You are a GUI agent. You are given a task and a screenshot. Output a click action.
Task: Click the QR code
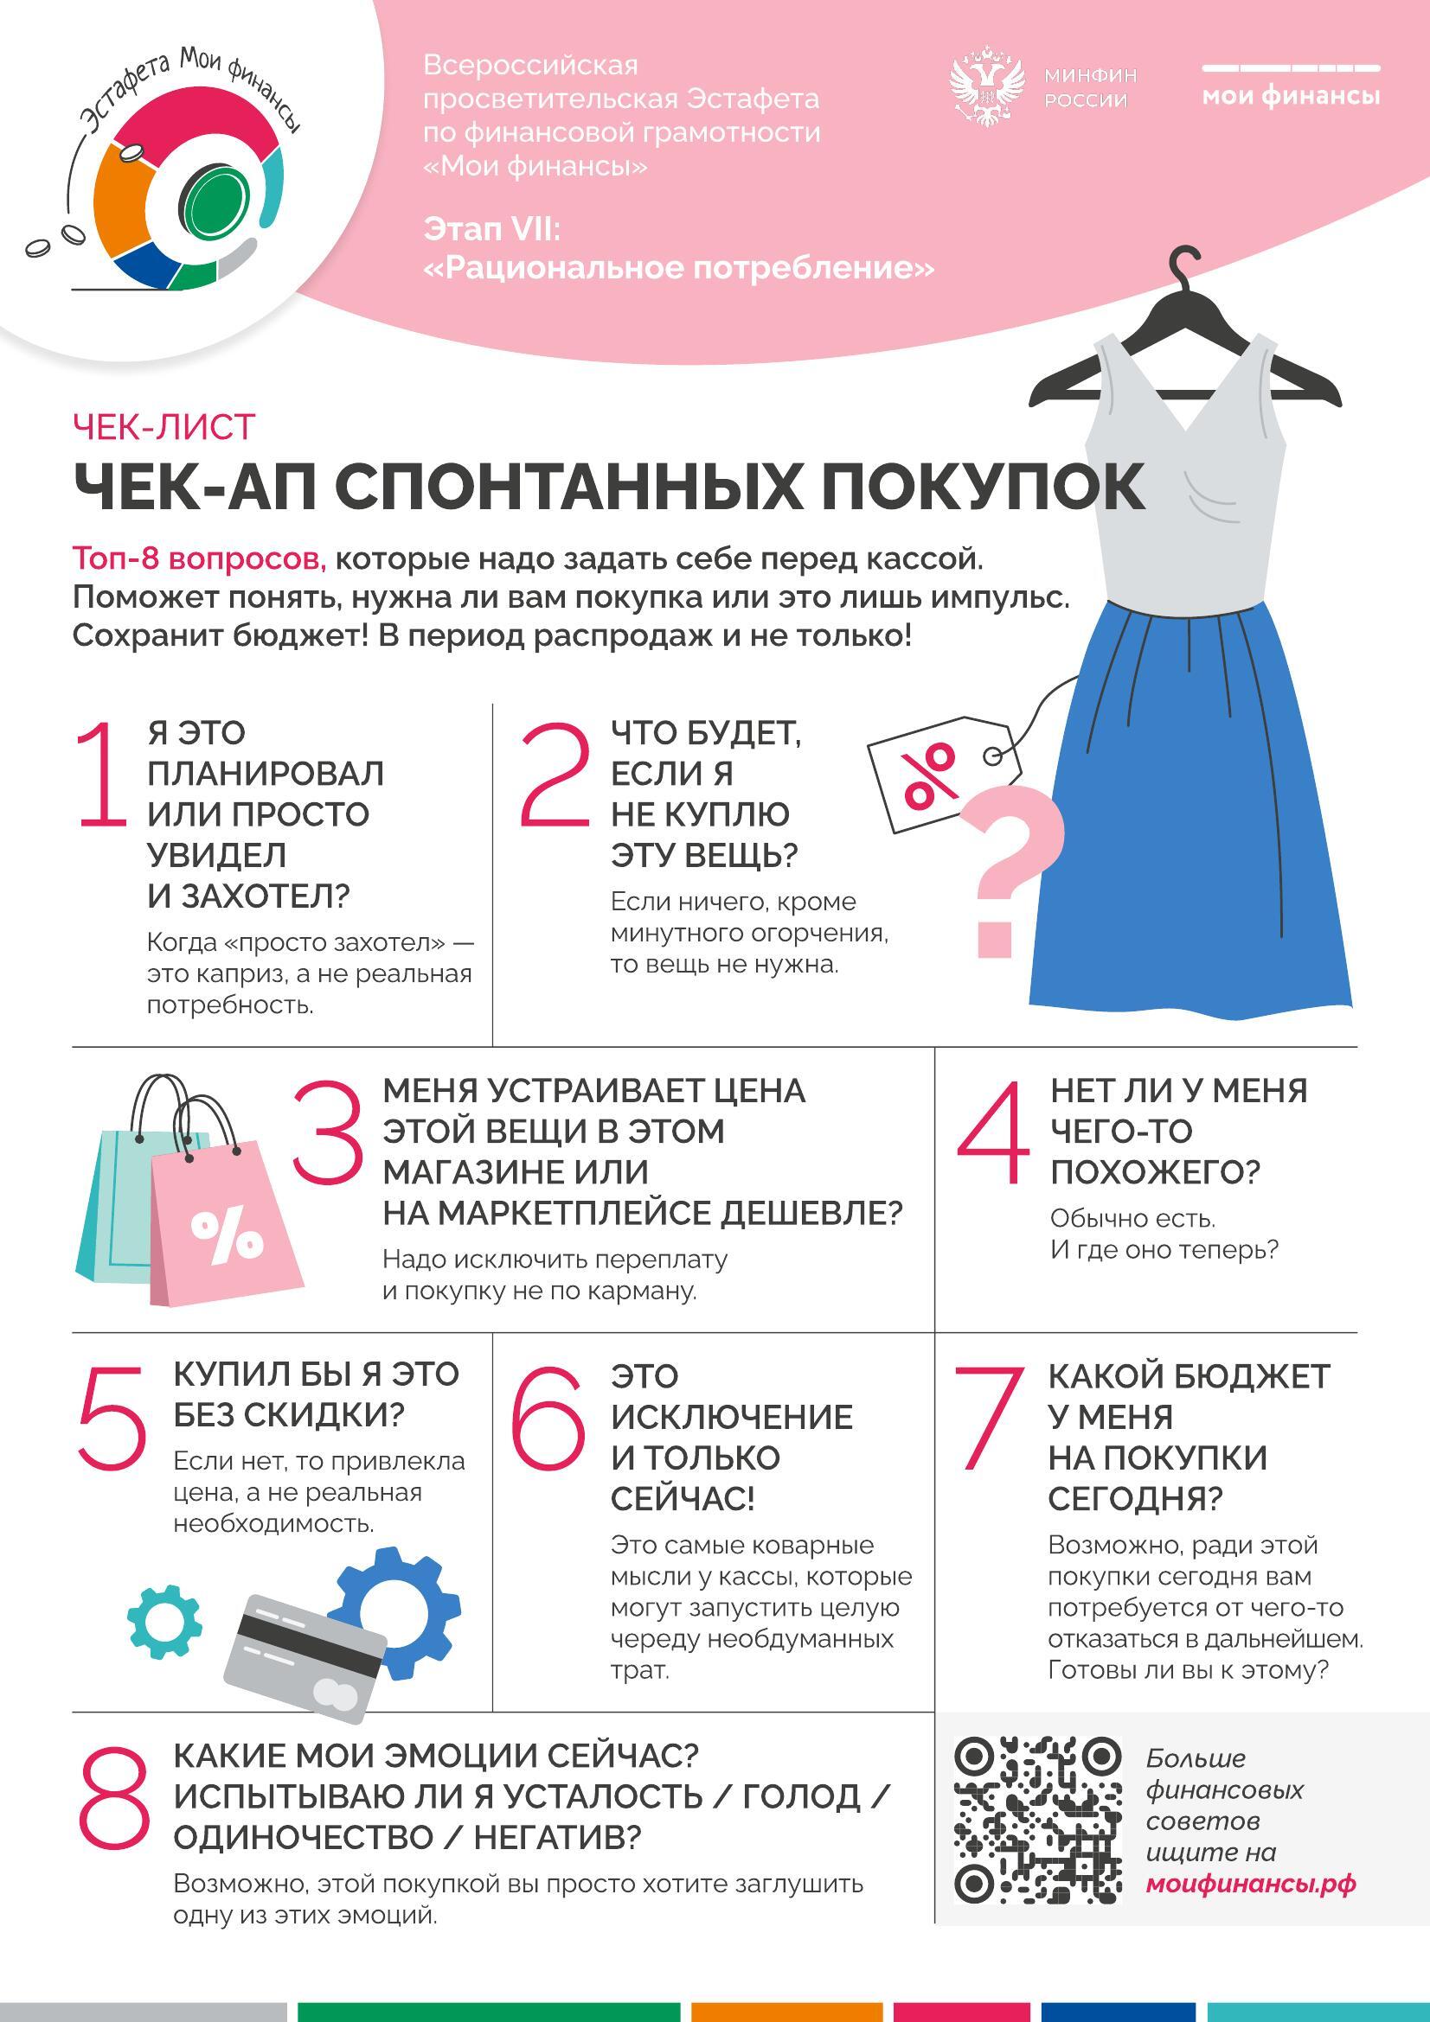pyautogui.click(x=1038, y=1820)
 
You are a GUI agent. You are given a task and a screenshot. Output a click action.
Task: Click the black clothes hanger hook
pyautogui.click(x=1185, y=265)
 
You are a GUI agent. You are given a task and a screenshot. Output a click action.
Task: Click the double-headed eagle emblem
pyautogui.click(x=989, y=89)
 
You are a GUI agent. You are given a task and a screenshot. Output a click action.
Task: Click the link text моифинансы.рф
pyautogui.click(x=1250, y=1883)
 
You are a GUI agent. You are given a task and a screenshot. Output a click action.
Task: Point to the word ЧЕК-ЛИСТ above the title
pyautogui.click(x=164, y=426)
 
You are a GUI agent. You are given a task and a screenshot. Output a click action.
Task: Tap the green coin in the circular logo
pyautogui.click(x=214, y=207)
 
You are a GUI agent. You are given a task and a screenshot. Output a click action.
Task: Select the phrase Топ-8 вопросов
pyautogui.click(x=199, y=558)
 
